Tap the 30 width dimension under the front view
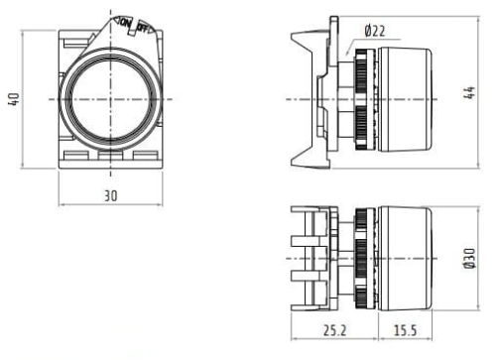tap(110, 196)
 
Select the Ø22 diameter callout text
tap(374, 32)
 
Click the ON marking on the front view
tap(124, 22)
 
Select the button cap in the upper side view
tap(405, 98)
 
